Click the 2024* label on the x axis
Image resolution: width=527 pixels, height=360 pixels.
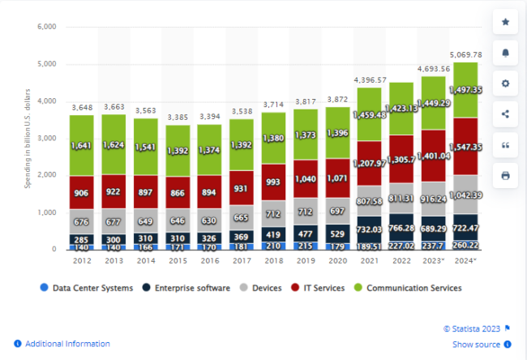pos(465,261)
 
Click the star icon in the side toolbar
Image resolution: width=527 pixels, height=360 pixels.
pos(506,22)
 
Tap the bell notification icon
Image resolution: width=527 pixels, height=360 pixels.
pos(506,53)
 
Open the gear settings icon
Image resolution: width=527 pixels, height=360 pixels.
pos(506,84)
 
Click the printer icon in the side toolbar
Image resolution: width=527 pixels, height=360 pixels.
pos(506,175)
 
